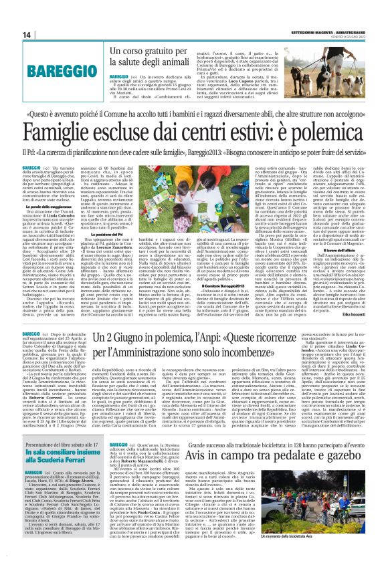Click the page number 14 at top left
pos(27,35)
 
